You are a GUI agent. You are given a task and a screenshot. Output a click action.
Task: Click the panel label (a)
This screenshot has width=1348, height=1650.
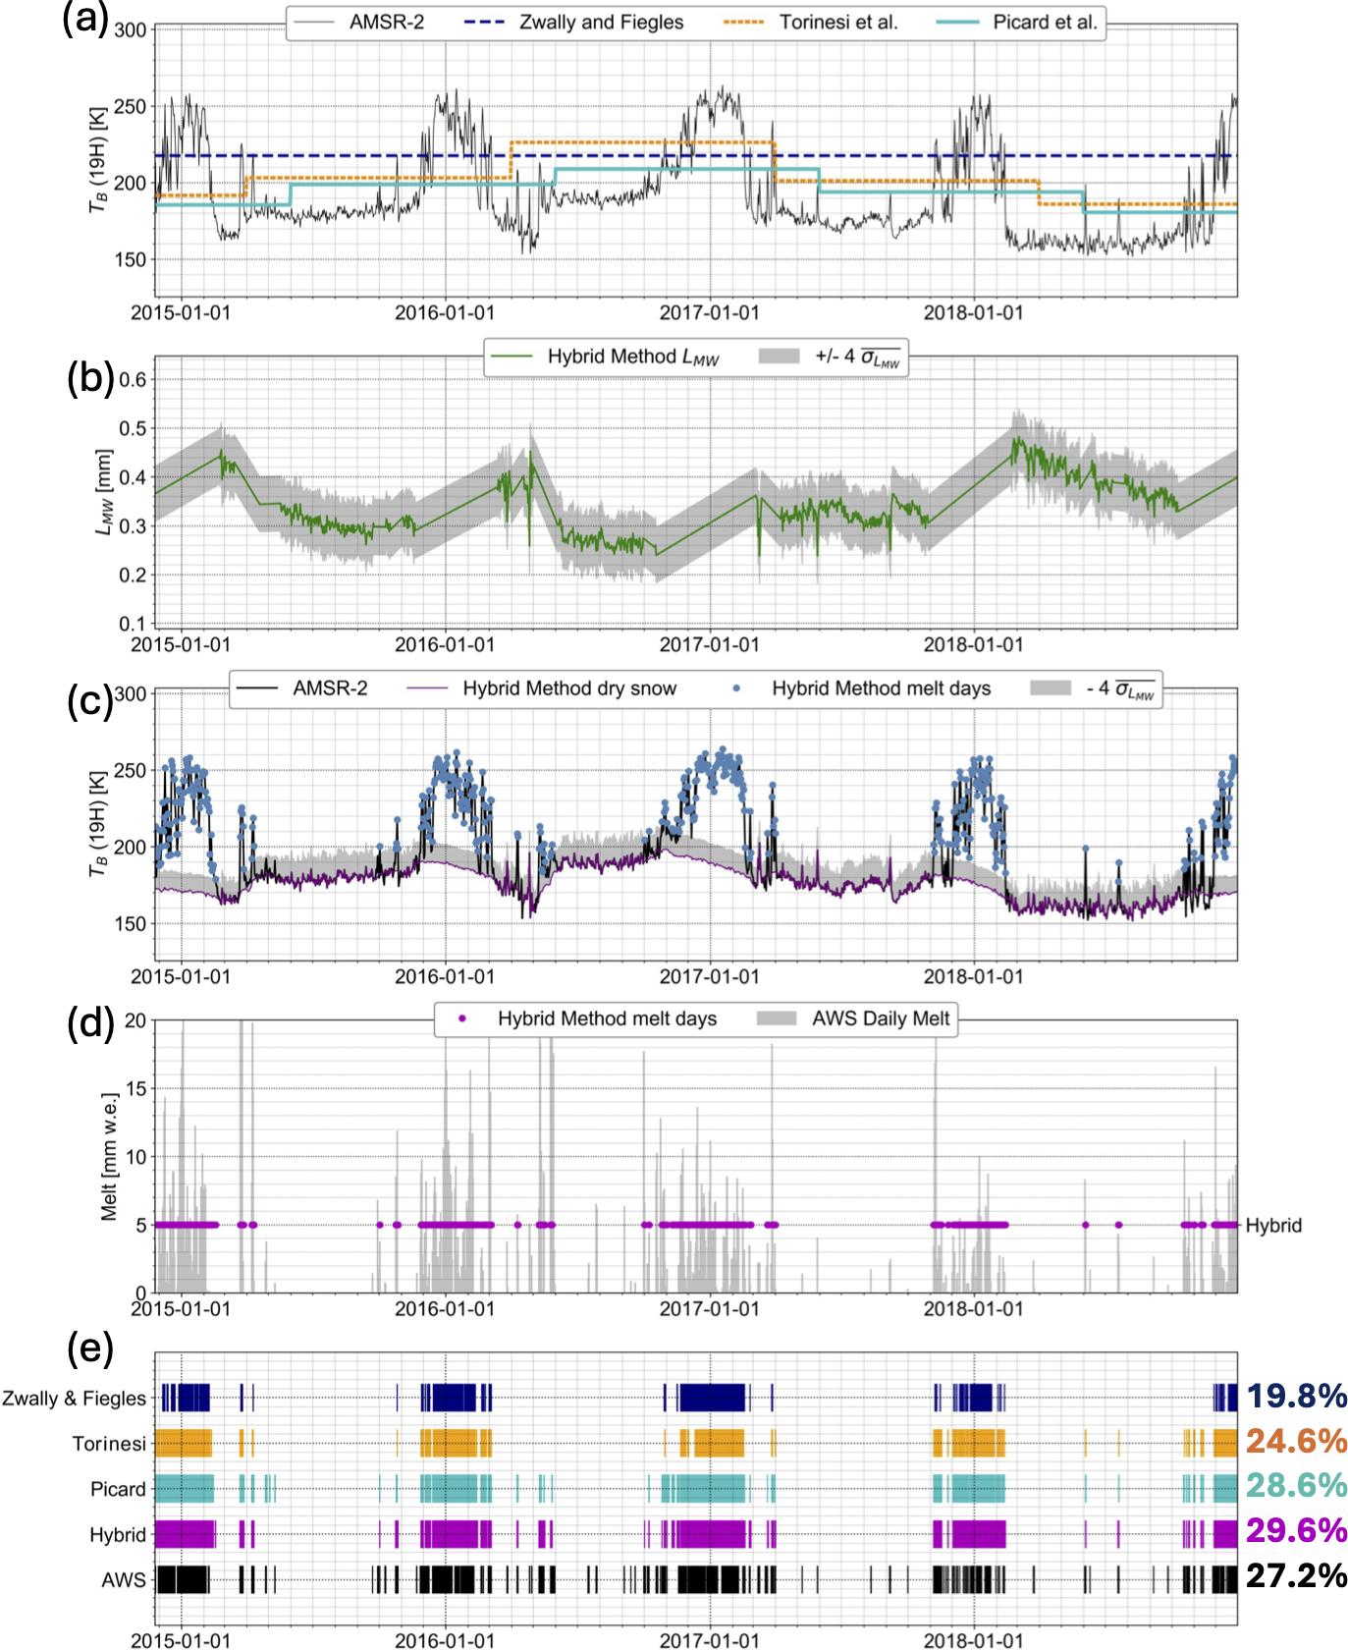(84, 19)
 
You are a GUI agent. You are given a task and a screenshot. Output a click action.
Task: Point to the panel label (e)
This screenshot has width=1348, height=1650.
(89, 1347)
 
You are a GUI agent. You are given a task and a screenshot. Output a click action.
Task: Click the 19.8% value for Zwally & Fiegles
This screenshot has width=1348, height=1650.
(1296, 1396)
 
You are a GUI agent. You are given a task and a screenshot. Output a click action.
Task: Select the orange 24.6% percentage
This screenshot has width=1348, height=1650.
(1296, 1441)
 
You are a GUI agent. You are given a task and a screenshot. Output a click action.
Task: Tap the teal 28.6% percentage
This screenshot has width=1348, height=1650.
(1296, 1485)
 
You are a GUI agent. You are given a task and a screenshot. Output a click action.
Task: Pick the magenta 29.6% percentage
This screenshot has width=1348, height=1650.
(1296, 1530)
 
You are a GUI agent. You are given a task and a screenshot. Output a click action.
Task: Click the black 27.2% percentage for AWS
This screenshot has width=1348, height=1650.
(1296, 1575)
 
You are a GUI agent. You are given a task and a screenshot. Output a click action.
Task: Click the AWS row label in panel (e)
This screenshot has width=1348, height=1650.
(124, 1580)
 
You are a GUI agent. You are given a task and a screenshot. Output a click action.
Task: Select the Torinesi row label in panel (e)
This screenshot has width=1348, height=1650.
(109, 1444)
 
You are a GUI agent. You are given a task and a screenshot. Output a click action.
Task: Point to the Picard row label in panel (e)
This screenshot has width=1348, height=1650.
(118, 1489)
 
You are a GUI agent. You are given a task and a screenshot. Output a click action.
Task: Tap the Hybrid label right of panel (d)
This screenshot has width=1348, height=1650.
(1273, 1226)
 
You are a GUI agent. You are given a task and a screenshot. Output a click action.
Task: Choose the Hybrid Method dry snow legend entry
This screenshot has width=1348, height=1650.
(569, 688)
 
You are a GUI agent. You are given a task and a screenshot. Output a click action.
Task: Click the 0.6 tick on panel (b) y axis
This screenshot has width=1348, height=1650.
(133, 380)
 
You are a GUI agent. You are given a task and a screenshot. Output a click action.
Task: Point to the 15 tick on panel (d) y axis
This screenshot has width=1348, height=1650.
(135, 1088)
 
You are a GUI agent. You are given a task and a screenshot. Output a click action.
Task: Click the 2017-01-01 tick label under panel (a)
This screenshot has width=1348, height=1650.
(709, 313)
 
